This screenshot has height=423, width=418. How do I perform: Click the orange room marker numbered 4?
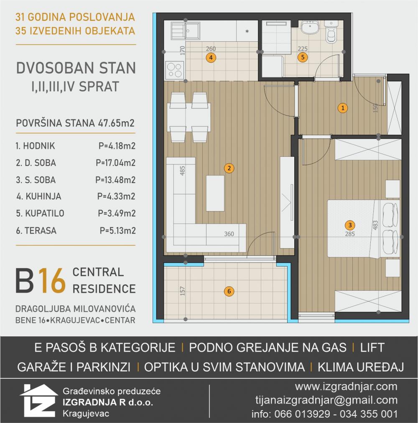[x=211, y=58]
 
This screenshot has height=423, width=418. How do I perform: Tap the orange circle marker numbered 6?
[x=229, y=291]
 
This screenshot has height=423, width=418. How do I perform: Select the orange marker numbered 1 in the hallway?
[x=343, y=108]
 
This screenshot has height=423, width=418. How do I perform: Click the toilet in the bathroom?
[x=331, y=32]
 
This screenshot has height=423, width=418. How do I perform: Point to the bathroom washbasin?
[x=310, y=27]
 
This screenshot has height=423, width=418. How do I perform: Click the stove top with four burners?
[x=175, y=70]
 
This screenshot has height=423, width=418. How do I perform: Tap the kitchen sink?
[x=186, y=30]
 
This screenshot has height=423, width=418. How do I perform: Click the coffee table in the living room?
[x=215, y=193]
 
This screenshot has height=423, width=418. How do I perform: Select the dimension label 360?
[x=229, y=234]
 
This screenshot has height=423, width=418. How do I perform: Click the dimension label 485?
[x=183, y=171]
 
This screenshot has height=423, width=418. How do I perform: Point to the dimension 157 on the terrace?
[x=183, y=291]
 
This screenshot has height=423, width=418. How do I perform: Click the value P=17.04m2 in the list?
[x=115, y=163]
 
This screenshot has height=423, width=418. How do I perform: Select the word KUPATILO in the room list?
[x=45, y=214]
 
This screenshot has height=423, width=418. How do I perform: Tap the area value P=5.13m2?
[x=117, y=231]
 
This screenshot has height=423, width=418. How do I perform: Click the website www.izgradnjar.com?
[x=346, y=387]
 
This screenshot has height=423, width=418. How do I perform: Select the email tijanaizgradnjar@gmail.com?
[x=326, y=400]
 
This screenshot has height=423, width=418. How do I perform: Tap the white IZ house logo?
[x=39, y=400]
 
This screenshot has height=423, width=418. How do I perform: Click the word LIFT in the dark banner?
[x=372, y=347]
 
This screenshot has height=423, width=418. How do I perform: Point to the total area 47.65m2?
[x=116, y=123]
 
